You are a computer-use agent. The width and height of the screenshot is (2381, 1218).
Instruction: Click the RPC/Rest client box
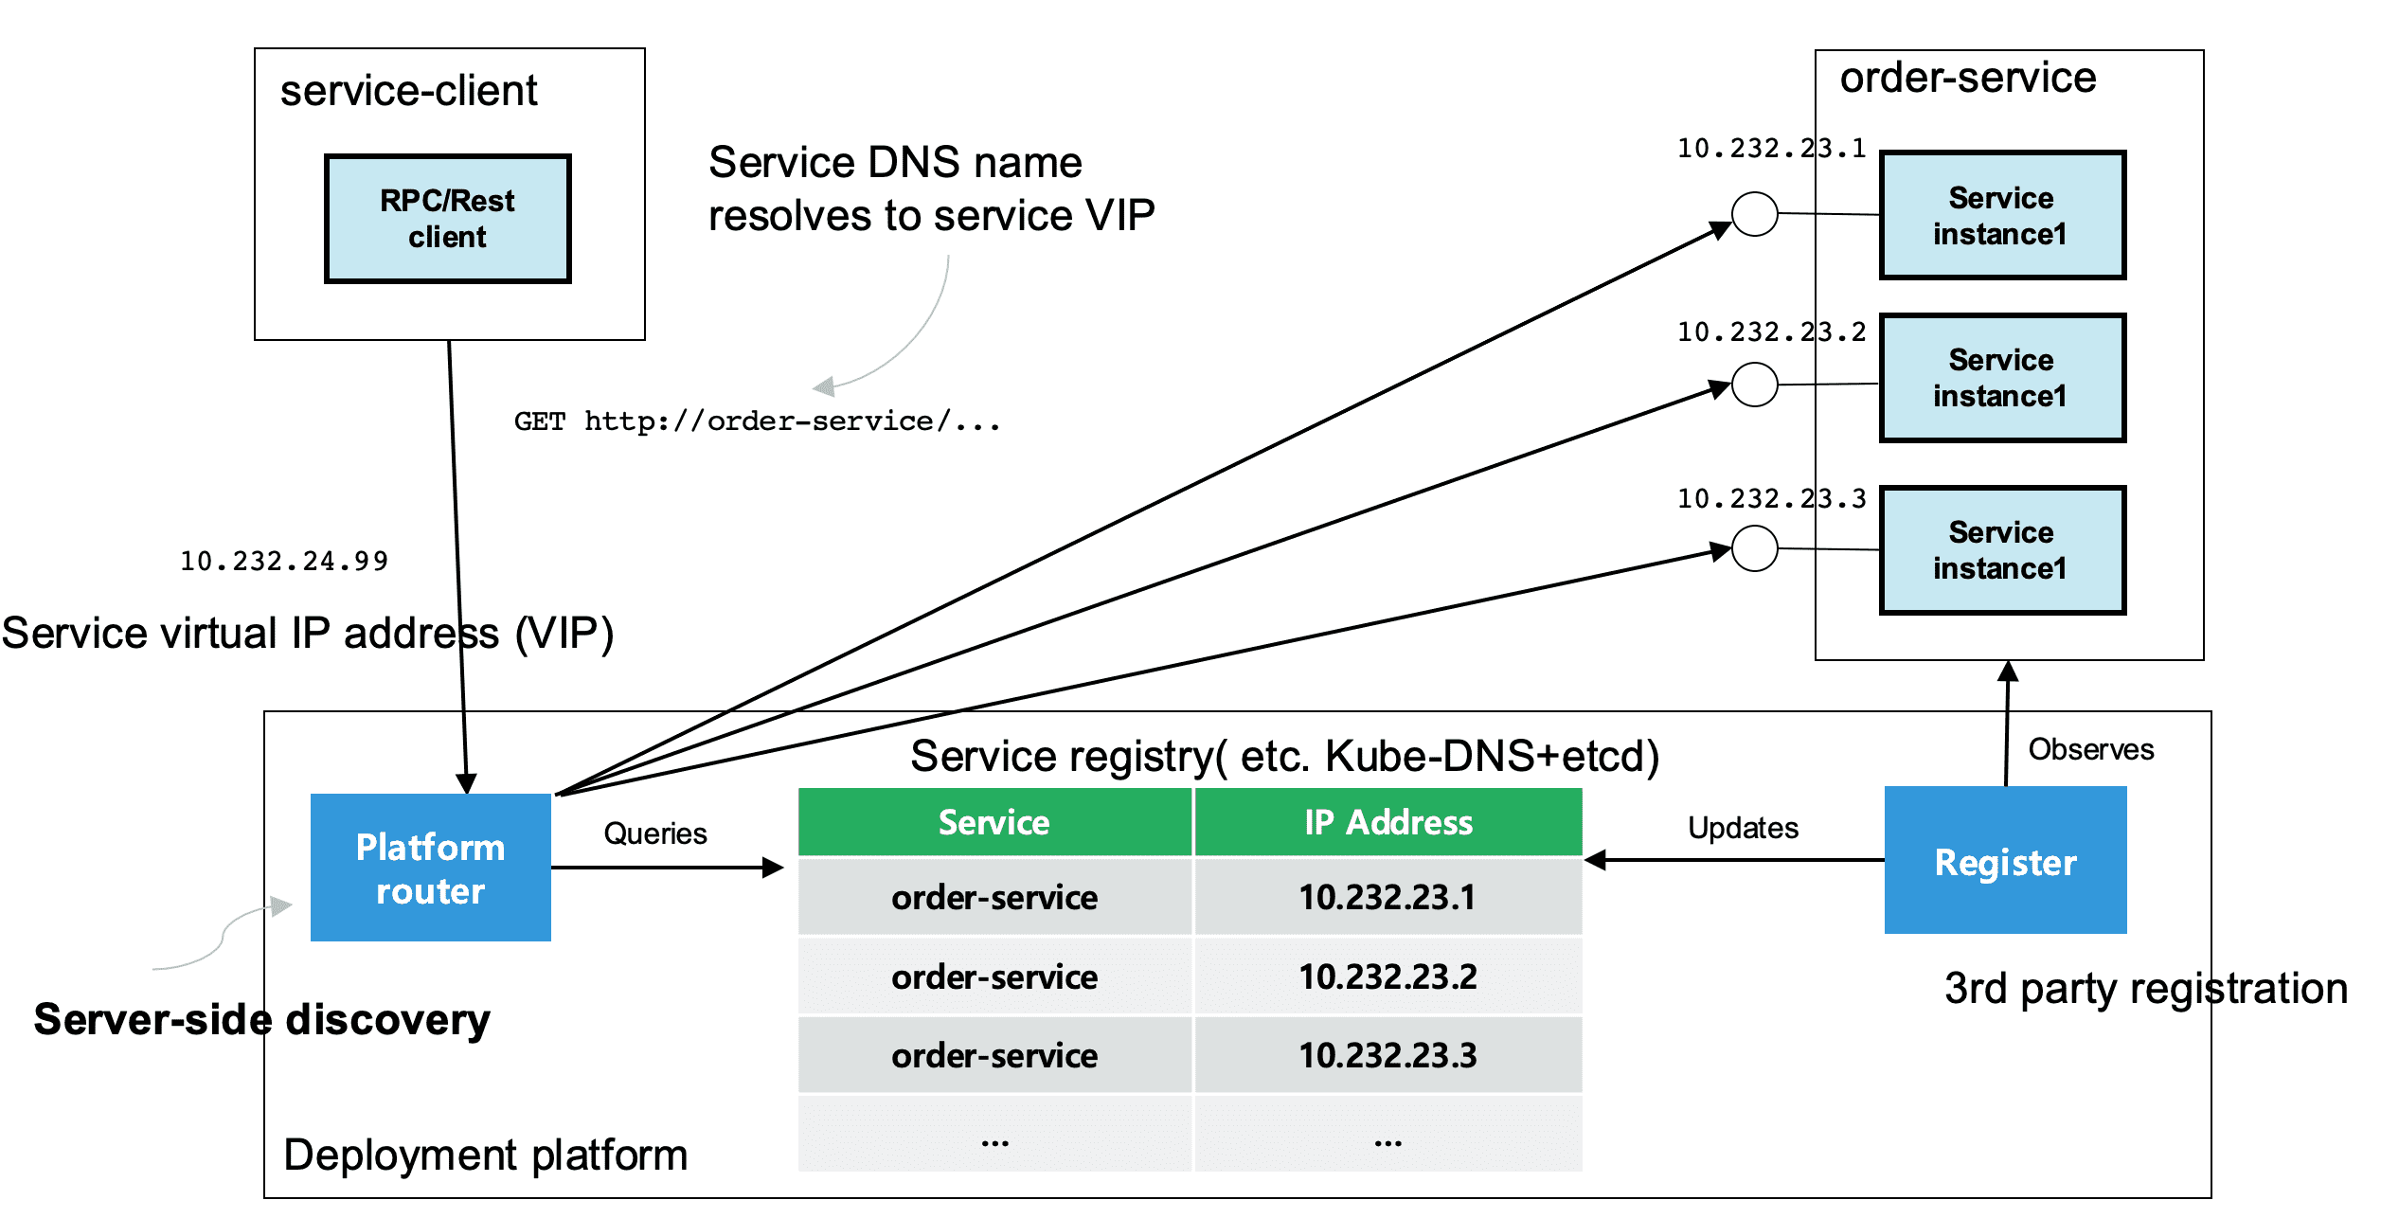448,219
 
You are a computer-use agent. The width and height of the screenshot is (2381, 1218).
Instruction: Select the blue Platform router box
431,868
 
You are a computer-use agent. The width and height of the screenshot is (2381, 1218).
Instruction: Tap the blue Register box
2006,860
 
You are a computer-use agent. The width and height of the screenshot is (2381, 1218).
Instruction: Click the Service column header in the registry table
994,822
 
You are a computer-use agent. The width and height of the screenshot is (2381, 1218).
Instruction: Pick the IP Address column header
1388,822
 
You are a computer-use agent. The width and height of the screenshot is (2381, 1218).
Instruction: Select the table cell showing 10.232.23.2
1388,976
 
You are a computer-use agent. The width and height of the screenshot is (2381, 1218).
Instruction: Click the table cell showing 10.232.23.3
1388,1055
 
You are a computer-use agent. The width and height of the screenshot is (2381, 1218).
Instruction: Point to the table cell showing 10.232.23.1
1388,897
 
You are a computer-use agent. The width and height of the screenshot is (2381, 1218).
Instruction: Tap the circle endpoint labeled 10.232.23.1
1755,214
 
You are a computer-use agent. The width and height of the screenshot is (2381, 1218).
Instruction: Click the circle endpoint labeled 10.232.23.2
1755,385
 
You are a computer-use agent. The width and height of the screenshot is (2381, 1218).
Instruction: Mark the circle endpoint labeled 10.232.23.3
1755,548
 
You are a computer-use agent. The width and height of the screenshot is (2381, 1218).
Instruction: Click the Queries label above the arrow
655,833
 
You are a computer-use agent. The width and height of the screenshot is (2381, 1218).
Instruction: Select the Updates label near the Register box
1743,828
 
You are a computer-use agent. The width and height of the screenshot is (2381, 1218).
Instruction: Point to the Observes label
2091,749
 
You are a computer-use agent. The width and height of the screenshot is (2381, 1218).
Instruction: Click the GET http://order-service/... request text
757,421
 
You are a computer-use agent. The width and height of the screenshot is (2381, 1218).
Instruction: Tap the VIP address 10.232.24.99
284,562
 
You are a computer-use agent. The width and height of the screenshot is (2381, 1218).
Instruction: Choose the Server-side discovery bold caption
262,1019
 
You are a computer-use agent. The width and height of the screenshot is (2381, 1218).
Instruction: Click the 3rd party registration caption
2146,989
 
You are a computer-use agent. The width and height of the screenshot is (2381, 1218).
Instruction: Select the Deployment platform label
486,1155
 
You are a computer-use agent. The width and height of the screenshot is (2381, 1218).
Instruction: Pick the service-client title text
409,91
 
